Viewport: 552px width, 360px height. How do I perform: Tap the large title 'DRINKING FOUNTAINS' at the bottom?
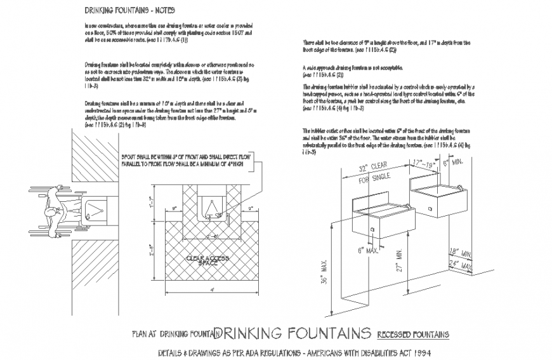(x=293, y=333)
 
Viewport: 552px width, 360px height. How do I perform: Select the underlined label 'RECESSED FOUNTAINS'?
(x=412, y=334)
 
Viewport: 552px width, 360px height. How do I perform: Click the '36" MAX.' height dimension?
(x=323, y=269)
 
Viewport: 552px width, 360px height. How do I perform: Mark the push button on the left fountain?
(x=372, y=229)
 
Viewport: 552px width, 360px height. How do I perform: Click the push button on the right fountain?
(x=430, y=208)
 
